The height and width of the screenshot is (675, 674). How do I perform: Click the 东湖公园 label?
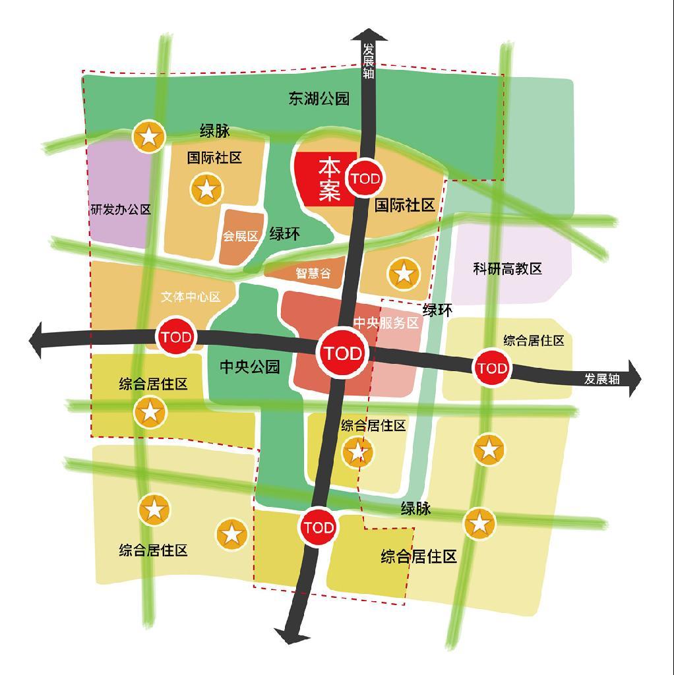click(x=319, y=99)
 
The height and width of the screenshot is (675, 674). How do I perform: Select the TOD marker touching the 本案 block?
click(x=365, y=179)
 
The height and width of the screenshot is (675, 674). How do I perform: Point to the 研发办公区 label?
click(x=121, y=210)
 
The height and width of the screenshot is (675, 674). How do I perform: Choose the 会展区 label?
click(x=239, y=235)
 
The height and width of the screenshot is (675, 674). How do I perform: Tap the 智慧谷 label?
click(x=313, y=273)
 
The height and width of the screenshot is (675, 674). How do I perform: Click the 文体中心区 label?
click(x=191, y=297)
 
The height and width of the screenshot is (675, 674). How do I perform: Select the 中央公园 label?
click(x=250, y=367)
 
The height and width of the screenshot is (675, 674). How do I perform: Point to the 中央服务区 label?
click(x=386, y=323)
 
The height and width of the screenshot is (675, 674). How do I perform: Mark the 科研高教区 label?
click(x=507, y=269)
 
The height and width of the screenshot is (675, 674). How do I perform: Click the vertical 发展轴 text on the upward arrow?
click(x=368, y=61)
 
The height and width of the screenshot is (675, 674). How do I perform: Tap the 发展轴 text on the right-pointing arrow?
click(x=601, y=379)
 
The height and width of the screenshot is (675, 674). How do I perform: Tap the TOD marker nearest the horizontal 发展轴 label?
click(x=492, y=368)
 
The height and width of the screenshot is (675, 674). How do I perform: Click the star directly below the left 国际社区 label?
click(x=206, y=189)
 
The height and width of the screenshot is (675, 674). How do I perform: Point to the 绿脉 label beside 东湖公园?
click(x=215, y=131)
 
